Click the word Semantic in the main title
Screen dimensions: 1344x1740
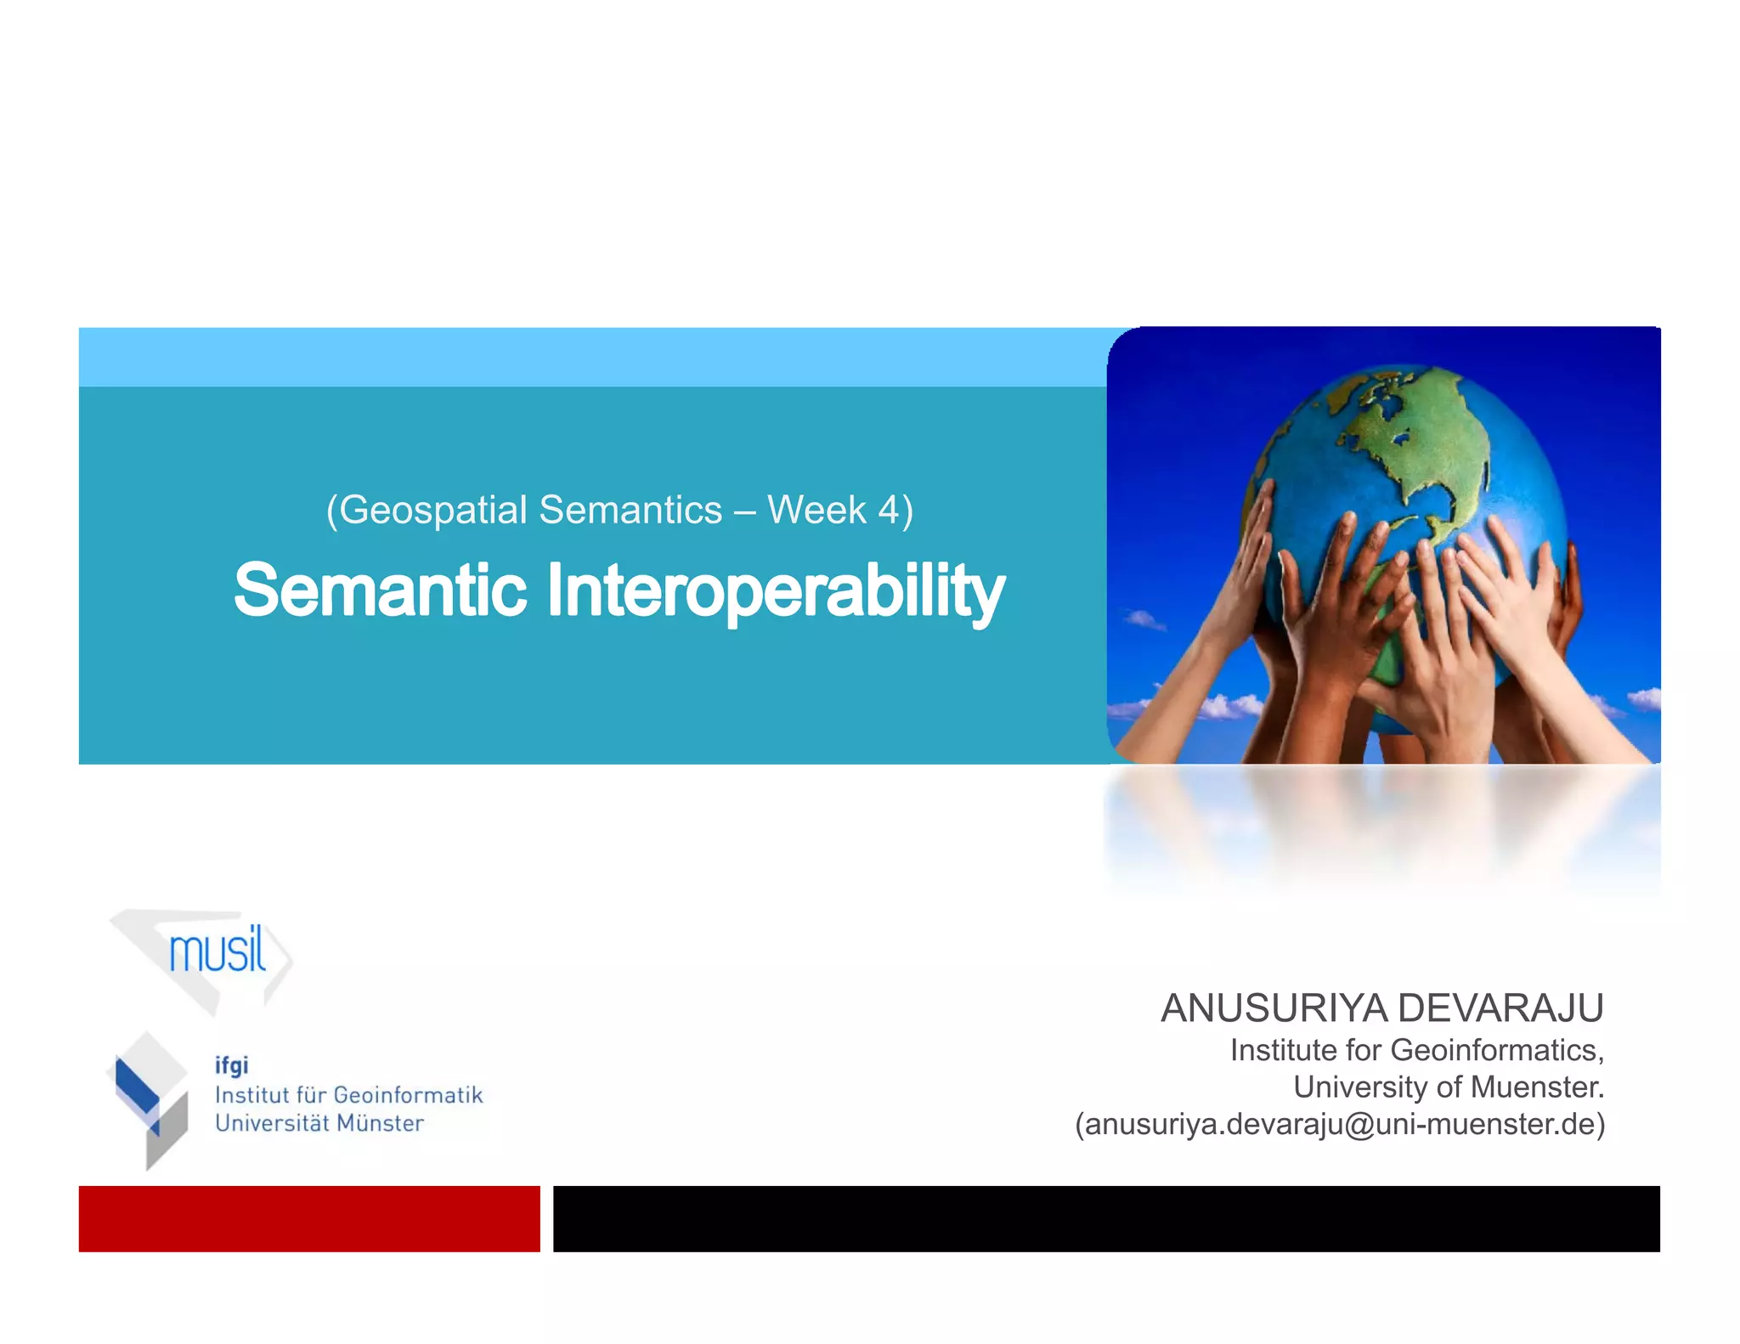(x=380, y=590)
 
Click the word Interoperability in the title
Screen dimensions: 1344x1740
(x=775, y=591)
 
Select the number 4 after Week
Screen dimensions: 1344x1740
(x=888, y=511)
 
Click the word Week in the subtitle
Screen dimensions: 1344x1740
(x=816, y=511)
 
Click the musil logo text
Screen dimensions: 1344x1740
(x=217, y=952)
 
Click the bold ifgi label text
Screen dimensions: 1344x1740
(x=231, y=1065)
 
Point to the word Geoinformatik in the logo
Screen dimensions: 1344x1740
(x=408, y=1095)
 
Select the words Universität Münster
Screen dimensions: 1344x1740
(x=319, y=1123)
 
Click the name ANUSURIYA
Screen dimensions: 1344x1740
(x=1274, y=1008)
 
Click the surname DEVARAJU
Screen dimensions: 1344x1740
(x=1500, y=1008)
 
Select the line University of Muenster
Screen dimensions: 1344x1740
(x=1448, y=1087)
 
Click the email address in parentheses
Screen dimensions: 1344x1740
(x=1340, y=1124)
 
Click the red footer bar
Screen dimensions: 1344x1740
(x=309, y=1218)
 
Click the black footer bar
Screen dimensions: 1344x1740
(x=1105, y=1218)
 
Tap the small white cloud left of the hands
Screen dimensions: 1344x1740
(x=1144, y=620)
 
